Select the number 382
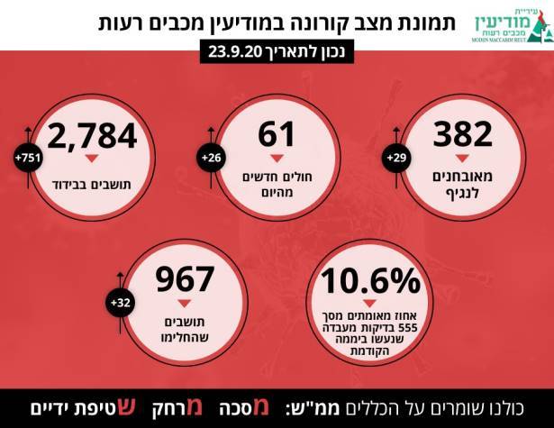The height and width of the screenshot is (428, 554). point(462,134)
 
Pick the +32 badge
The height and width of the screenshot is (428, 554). point(121,303)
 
